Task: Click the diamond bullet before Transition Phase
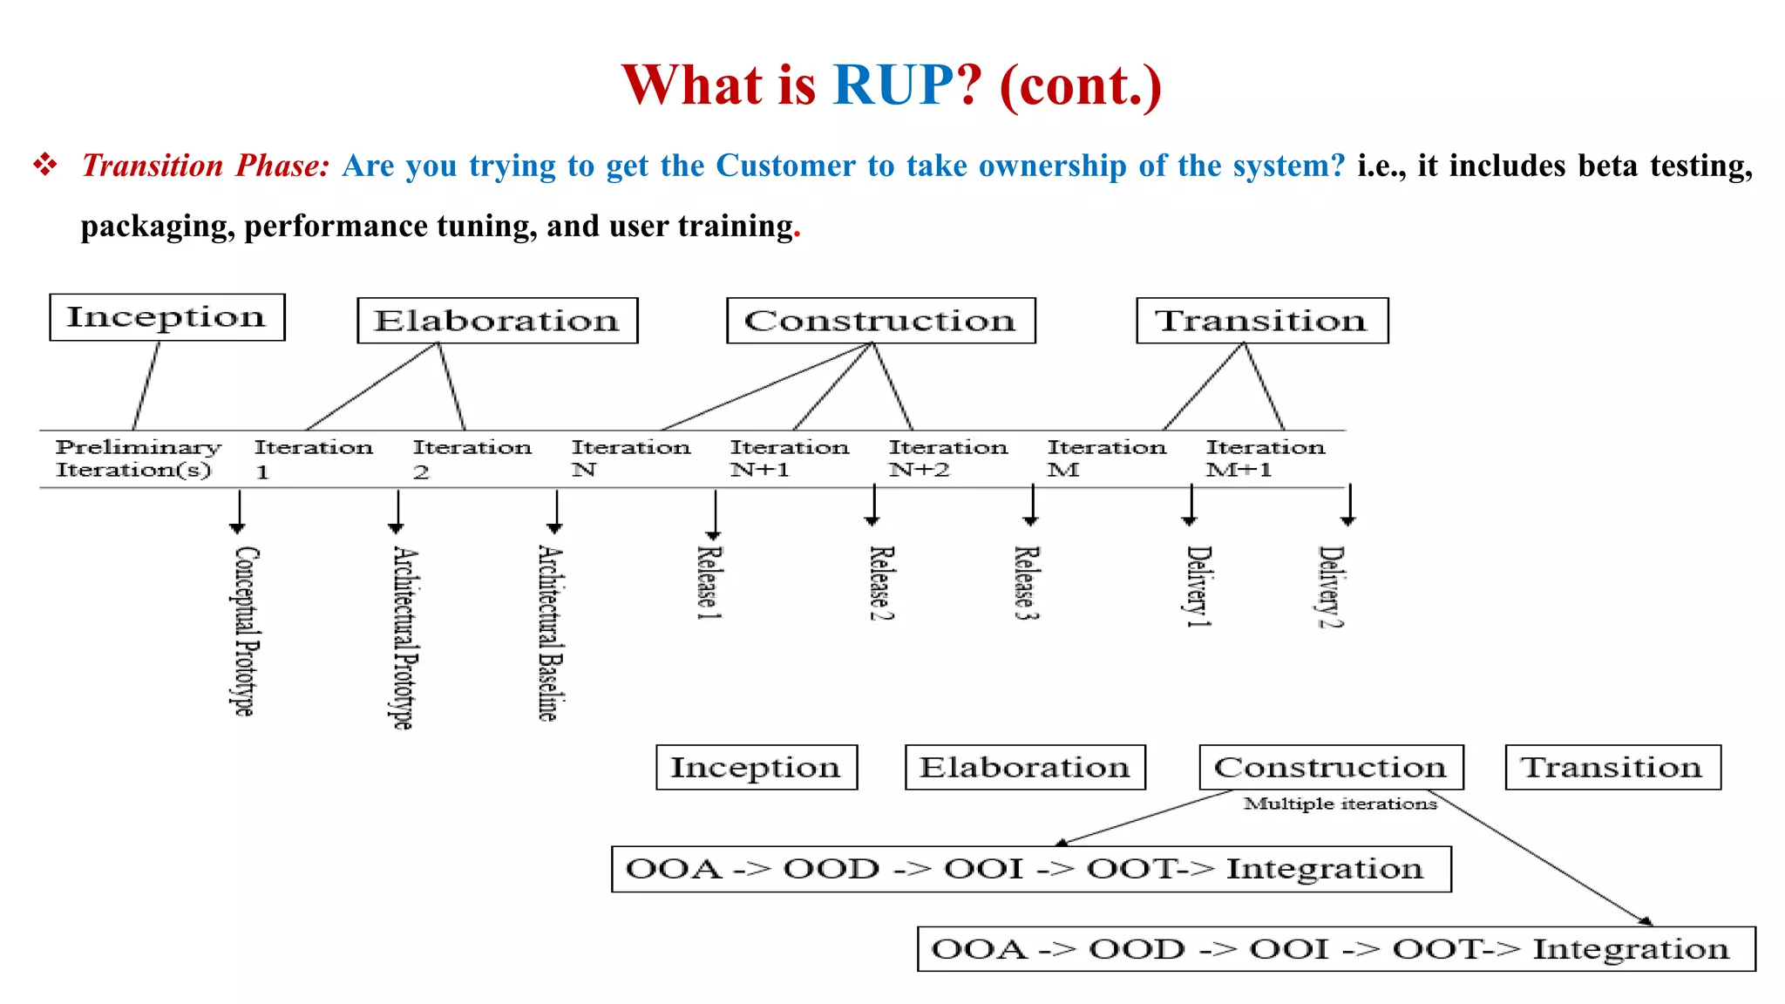click(x=45, y=164)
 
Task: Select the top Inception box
click(x=166, y=317)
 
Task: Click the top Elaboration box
click(x=497, y=321)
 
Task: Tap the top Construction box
click(x=880, y=321)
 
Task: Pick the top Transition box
click(x=1261, y=321)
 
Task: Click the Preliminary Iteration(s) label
click(x=137, y=458)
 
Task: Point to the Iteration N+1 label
click(x=789, y=458)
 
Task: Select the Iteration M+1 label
click(x=1265, y=458)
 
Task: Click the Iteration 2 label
click(x=472, y=458)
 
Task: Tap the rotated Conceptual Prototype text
click(x=246, y=631)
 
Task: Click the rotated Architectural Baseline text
click(x=550, y=633)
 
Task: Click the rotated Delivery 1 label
click(x=1198, y=586)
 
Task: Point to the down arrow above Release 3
click(x=1032, y=505)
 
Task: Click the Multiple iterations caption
click(x=1340, y=804)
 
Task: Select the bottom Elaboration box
click(x=1024, y=767)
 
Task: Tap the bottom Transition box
click(x=1612, y=767)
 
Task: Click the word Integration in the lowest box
click(x=1630, y=948)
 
